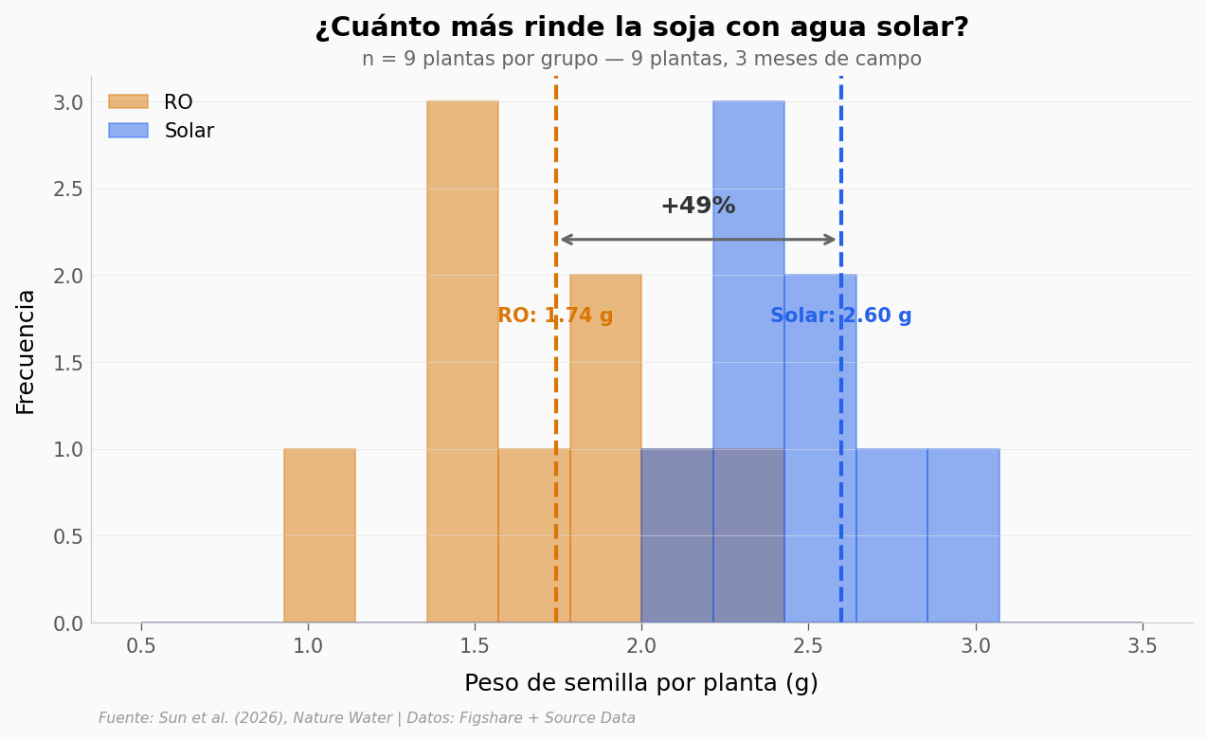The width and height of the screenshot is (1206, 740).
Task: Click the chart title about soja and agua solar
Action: [x=641, y=27]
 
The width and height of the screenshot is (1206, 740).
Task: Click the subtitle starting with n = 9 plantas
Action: [x=641, y=60]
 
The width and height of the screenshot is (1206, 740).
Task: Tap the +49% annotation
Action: [x=697, y=207]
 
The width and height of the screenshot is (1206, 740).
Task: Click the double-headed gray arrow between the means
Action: [x=698, y=240]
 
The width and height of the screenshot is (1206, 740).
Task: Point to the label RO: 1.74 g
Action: [x=555, y=316]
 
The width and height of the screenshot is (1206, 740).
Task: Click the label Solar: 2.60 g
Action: [x=840, y=316]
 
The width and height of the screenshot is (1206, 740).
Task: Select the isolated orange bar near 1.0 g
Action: [x=319, y=535]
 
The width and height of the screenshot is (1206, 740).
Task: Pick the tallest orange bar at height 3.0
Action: [x=462, y=360]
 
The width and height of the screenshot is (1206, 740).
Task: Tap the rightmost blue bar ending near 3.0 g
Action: [x=963, y=535]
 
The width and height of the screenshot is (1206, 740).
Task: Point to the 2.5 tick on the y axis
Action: [x=67, y=189]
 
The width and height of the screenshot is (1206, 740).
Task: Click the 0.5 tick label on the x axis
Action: [x=141, y=646]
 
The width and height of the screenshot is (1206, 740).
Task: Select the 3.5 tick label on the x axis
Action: [x=1142, y=646]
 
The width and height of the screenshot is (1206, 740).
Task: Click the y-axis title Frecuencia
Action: [x=26, y=352]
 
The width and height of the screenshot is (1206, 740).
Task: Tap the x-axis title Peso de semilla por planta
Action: [x=641, y=683]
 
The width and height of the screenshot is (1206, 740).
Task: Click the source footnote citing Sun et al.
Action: [x=367, y=718]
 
